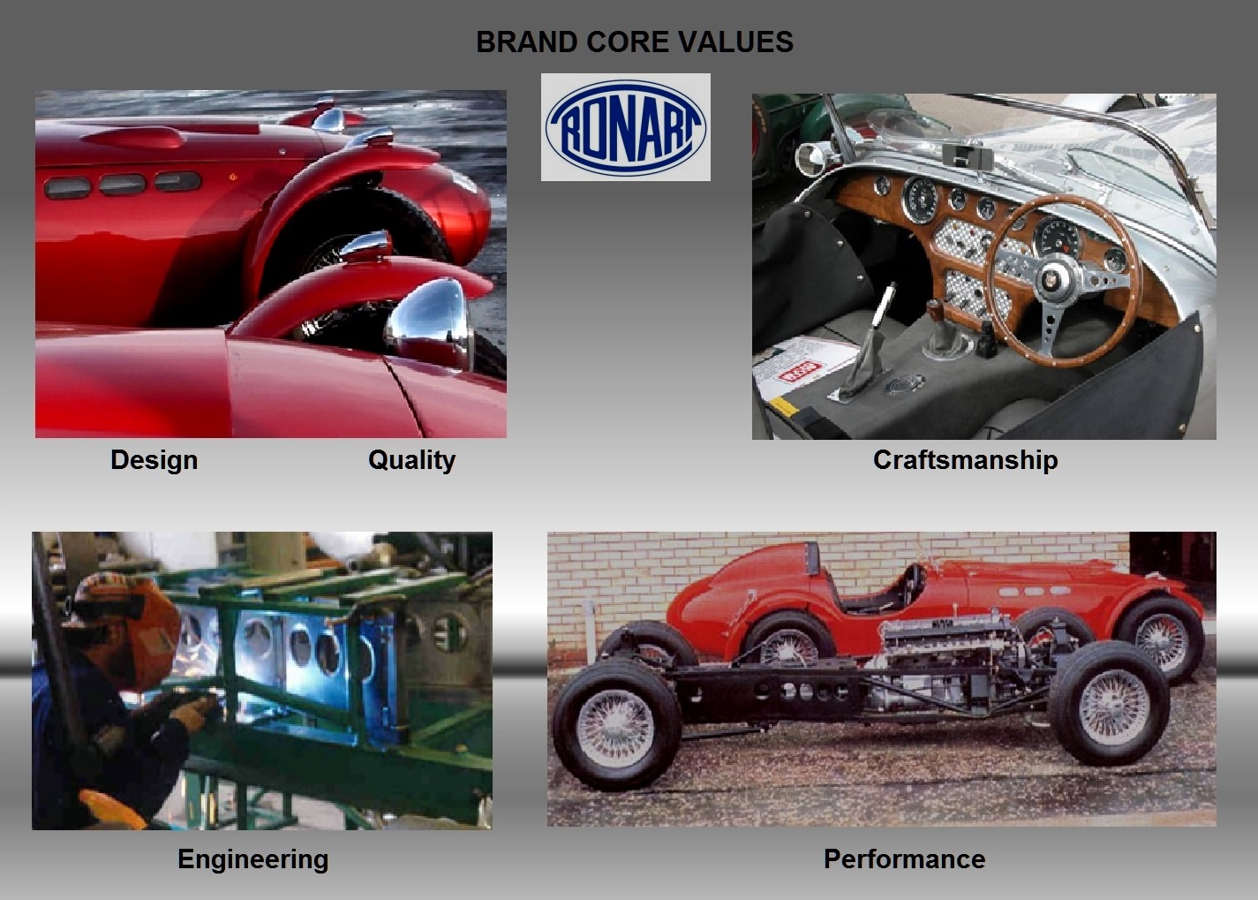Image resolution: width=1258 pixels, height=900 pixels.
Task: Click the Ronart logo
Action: (625, 127)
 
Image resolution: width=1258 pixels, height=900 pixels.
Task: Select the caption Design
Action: (154, 459)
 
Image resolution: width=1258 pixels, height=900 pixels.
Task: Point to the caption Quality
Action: (411, 459)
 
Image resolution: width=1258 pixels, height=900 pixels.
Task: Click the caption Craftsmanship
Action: (965, 459)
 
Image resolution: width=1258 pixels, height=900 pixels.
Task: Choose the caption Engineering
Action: (252, 858)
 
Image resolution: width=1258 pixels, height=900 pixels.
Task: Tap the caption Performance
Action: (904, 858)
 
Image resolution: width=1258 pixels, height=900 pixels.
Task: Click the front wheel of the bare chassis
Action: (1109, 702)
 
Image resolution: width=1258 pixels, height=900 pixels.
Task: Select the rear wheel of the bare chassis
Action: (616, 729)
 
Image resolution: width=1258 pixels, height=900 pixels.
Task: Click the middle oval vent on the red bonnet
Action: (123, 185)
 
